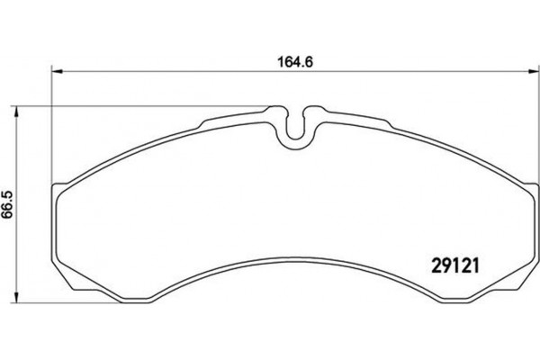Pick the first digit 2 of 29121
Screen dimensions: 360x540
pyautogui.click(x=426, y=267)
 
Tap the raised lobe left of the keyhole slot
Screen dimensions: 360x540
pyautogui.click(x=274, y=112)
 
